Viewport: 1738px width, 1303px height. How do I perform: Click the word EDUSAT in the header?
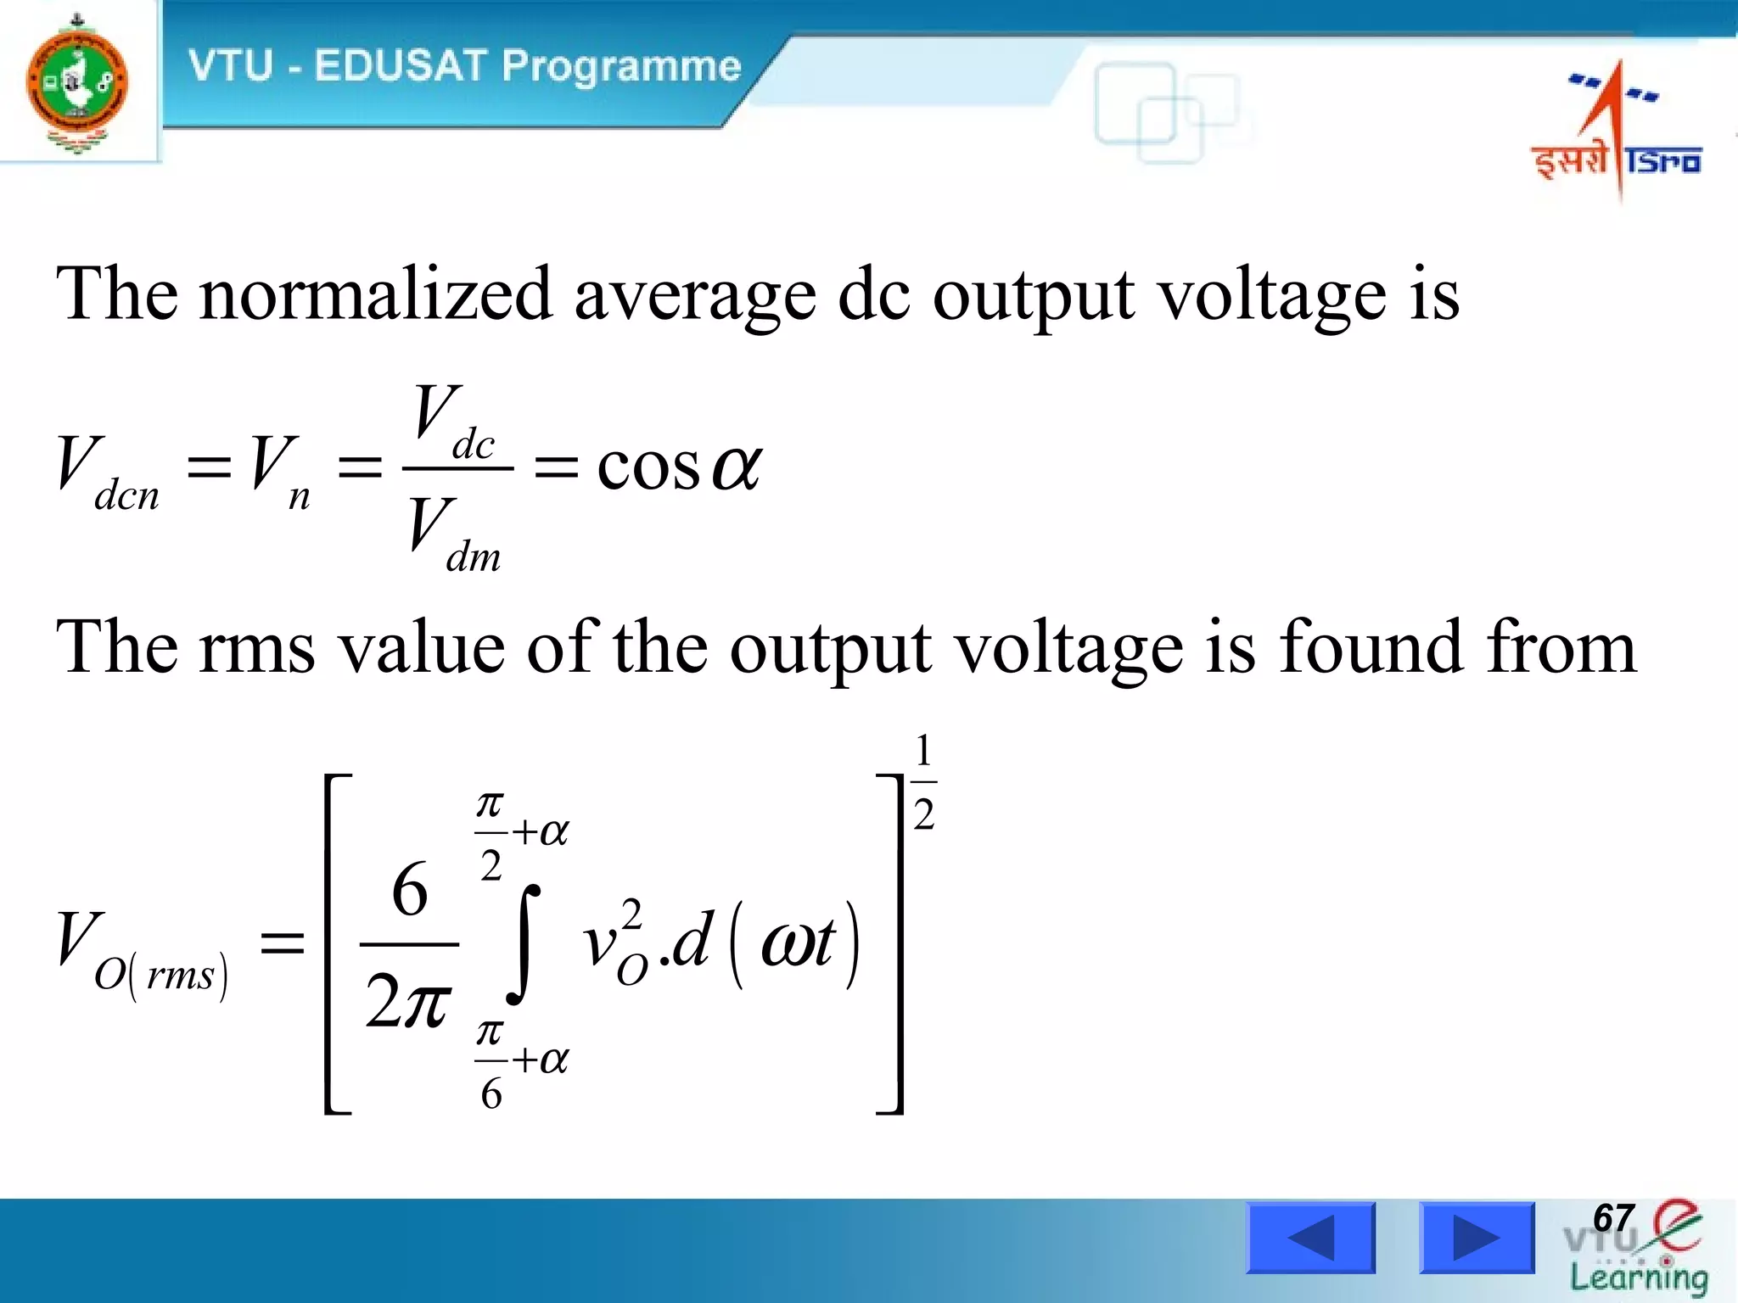(400, 66)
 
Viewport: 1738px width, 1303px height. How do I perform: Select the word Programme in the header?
(621, 67)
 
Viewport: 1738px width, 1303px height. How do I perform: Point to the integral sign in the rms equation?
(524, 943)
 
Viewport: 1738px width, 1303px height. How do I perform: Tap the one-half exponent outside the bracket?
(923, 782)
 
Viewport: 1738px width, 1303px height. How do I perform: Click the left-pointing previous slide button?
(1310, 1238)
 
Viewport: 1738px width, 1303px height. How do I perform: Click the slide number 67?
(1612, 1219)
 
